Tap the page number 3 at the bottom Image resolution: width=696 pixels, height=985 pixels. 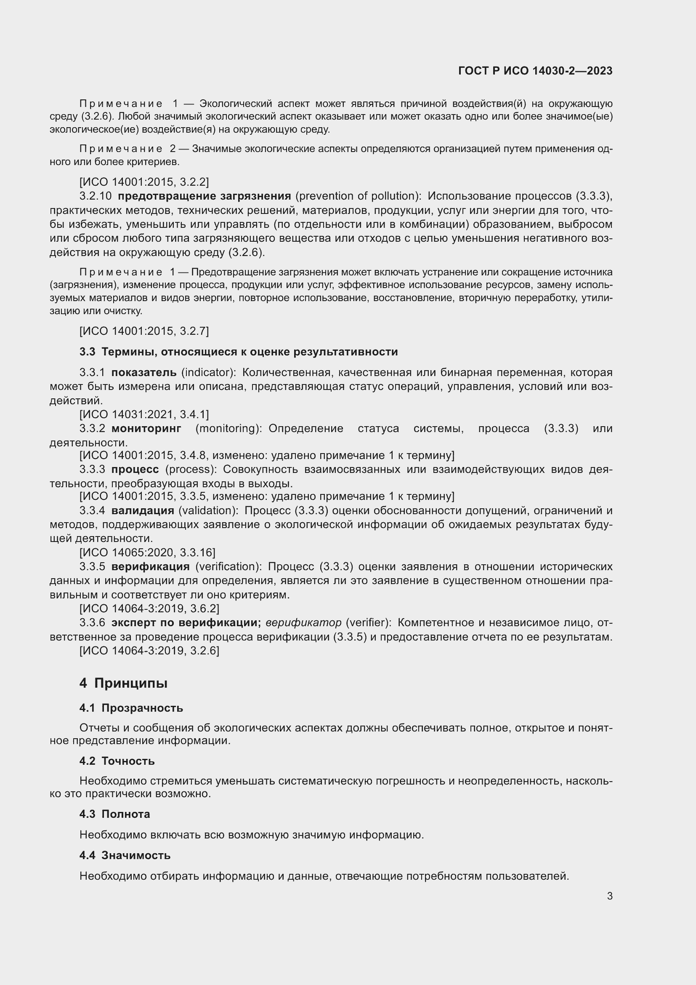609,896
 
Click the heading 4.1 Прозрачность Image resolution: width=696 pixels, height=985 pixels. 131,708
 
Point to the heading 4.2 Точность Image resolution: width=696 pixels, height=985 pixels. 117,761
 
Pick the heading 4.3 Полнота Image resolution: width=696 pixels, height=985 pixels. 115,814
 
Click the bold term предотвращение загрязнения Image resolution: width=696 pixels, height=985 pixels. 205,196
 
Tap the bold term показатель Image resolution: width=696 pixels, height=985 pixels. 143,372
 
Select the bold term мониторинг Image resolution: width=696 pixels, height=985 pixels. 146,428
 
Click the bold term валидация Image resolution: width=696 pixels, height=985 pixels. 143,510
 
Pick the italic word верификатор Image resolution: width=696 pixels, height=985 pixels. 303,622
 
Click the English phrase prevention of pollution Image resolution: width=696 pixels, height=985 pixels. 358,196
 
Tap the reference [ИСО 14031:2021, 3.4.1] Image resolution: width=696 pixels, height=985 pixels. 144,414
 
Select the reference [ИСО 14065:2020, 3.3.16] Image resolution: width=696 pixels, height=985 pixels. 147,552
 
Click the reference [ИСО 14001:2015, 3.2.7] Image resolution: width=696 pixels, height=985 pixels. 144,331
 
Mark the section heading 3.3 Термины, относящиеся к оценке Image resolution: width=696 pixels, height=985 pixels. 238,352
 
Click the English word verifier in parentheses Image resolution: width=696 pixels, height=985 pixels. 369,622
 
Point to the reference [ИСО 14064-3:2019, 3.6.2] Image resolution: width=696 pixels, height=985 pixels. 149,609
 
